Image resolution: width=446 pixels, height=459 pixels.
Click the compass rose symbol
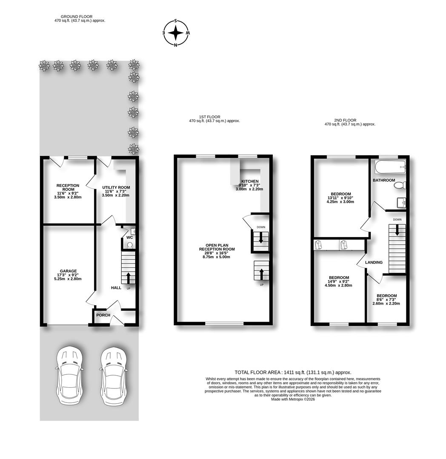coord(176,32)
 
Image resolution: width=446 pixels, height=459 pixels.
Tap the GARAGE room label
coord(68,271)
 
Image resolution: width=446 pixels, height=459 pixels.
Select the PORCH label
coord(103,315)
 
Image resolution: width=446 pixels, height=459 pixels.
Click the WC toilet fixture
coord(130,245)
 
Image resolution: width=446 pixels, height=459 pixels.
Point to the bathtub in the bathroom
coord(390,167)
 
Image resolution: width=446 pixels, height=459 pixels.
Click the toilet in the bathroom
coord(400,185)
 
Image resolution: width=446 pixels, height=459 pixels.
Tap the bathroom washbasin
coord(401,203)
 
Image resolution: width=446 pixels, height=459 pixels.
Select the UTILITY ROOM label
coord(116,187)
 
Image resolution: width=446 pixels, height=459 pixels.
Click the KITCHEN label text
coord(250,181)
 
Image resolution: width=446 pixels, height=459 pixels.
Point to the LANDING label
coord(374,262)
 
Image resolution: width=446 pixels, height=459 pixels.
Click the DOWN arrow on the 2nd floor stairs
coord(397,230)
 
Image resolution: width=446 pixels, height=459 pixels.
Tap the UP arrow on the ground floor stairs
coord(129,278)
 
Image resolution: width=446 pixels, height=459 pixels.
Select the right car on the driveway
coord(114,377)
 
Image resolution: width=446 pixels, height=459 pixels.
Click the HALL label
coord(116,288)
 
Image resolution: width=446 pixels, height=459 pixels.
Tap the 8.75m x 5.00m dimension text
coord(217,257)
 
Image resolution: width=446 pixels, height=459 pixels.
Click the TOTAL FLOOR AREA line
coord(293,372)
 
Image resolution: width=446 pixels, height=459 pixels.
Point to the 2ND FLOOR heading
coord(345,120)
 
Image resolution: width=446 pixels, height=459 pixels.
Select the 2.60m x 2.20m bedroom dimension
coord(386,303)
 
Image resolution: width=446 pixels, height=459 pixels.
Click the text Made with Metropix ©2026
coord(293,399)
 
